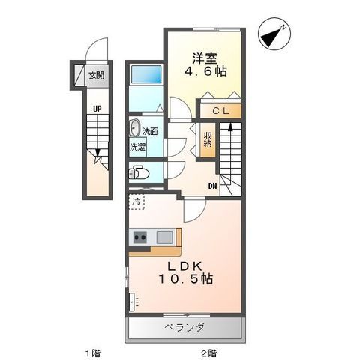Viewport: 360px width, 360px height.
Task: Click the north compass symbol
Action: point(275,34)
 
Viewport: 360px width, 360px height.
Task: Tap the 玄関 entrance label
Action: point(97,75)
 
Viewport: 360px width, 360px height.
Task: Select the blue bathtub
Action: point(146,74)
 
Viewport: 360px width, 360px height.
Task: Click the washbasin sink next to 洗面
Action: point(135,127)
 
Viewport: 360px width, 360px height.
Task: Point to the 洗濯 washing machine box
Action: point(138,147)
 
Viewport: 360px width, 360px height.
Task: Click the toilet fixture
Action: point(139,172)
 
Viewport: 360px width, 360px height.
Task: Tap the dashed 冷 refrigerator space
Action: point(136,202)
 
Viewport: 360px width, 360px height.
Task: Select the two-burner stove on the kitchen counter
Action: point(139,237)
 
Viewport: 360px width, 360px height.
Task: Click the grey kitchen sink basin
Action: point(165,237)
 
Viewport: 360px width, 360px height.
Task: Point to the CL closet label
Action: point(220,111)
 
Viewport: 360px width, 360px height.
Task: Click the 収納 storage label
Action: point(208,139)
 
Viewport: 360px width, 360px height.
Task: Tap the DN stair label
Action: point(213,186)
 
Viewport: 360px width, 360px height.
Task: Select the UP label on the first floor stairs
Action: point(97,109)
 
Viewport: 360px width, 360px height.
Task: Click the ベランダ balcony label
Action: point(184,327)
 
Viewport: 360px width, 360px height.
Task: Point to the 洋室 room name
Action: point(205,59)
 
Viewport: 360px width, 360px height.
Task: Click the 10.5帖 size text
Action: point(186,279)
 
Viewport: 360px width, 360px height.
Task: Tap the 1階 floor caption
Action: point(93,353)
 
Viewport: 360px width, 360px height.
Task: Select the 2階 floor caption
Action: point(209,353)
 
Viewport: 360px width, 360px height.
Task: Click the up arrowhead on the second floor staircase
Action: point(230,127)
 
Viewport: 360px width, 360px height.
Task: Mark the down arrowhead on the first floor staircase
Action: point(97,153)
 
